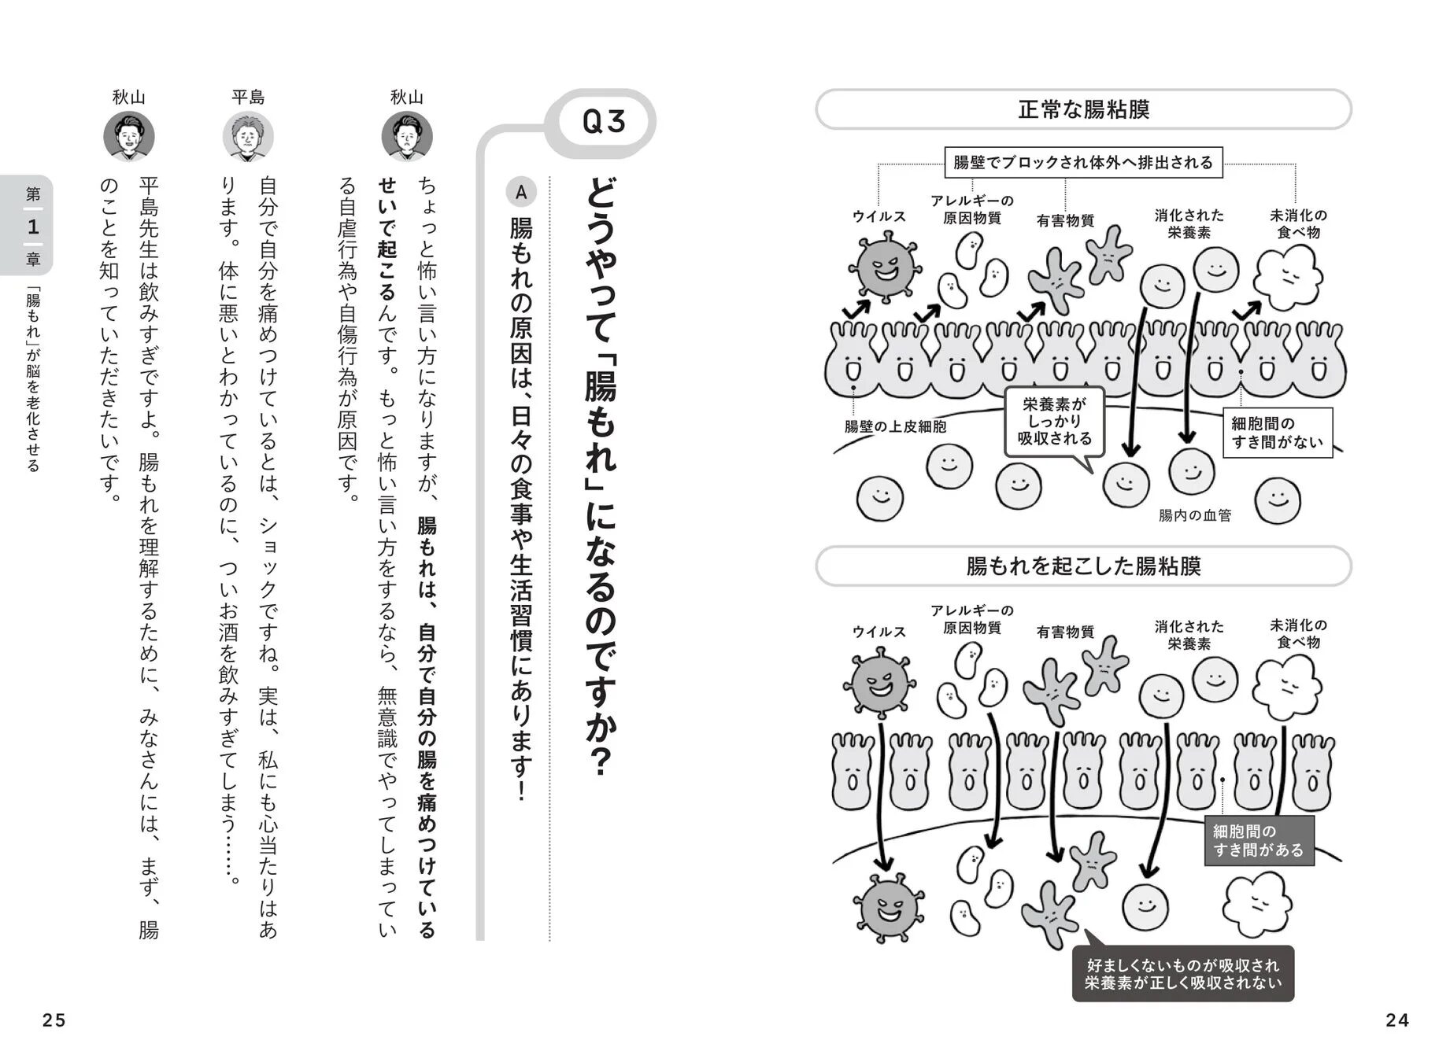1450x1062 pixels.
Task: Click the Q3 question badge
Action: click(x=604, y=122)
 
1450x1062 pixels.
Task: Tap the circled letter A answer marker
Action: click(x=520, y=191)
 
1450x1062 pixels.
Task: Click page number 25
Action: click(x=54, y=1020)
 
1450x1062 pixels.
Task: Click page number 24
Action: click(x=1396, y=1020)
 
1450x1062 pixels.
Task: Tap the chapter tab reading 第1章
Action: click(x=31, y=226)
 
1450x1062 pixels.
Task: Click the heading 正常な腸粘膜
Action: click(x=1083, y=109)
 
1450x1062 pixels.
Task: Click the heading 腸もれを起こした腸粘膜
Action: click(x=1083, y=566)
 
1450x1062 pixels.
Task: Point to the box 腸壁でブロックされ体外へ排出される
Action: click(x=1083, y=163)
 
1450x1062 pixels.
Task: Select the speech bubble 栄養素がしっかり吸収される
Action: click(x=1054, y=422)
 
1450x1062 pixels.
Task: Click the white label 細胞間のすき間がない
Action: click(x=1276, y=433)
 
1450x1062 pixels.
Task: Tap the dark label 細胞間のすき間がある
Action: click(x=1258, y=841)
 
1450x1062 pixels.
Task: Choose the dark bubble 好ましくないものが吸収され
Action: click(x=1182, y=974)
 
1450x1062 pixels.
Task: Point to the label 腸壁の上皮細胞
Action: click(x=895, y=427)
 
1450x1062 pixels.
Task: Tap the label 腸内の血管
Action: click(x=1194, y=516)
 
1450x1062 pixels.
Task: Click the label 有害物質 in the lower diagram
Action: click(x=1065, y=632)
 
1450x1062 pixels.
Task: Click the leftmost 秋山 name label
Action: click(x=128, y=98)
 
